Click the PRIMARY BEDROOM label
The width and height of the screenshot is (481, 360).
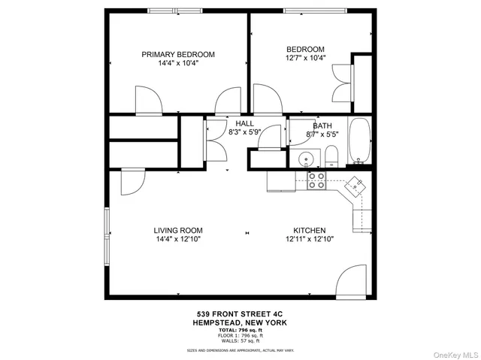coord(179,54)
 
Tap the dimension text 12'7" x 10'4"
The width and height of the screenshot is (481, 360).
coord(304,58)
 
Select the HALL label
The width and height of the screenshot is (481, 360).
coord(244,124)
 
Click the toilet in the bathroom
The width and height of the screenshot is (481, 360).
coord(331,157)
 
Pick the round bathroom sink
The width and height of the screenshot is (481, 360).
coord(306,159)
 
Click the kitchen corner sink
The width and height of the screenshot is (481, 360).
coord(355,183)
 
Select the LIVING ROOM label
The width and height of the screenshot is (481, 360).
coord(178,231)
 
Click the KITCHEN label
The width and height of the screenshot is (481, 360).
coord(309,231)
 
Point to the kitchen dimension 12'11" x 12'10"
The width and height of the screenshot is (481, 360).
coord(309,239)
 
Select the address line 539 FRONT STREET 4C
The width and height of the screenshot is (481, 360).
coord(240,314)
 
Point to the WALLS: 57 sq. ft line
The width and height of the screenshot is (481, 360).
coord(240,338)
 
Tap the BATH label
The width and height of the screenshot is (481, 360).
coord(322,126)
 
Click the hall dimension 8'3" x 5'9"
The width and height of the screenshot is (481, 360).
coord(244,133)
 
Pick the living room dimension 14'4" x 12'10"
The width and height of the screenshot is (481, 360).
coord(178,239)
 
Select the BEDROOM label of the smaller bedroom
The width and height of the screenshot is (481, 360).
coord(304,50)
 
